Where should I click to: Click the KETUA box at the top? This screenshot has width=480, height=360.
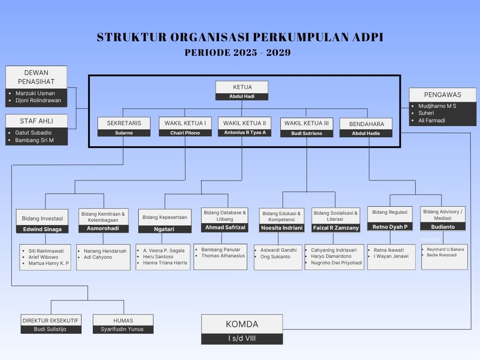(x=242, y=87)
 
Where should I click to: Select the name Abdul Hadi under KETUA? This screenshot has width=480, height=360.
(x=242, y=97)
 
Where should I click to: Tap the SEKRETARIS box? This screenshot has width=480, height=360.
(x=124, y=123)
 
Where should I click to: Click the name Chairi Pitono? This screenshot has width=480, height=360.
(x=185, y=133)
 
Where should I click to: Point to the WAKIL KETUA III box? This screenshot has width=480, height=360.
(x=307, y=123)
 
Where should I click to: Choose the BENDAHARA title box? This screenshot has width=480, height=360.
(x=367, y=124)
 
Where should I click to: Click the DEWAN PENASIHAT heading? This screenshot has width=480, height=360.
(x=36, y=77)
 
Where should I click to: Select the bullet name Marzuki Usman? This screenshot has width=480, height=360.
(x=35, y=93)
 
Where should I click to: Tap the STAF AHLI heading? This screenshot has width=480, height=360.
(x=36, y=121)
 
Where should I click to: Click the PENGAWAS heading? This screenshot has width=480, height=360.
(x=442, y=94)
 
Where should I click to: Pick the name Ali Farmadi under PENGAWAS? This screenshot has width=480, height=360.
(x=432, y=120)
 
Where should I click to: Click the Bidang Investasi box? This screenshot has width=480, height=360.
(x=42, y=218)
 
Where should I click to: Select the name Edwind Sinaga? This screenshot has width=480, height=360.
(x=42, y=229)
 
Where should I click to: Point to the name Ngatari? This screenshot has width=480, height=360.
(x=165, y=229)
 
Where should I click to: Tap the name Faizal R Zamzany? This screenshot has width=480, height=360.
(x=336, y=228)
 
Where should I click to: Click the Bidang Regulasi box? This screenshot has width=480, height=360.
(x=390, y=212)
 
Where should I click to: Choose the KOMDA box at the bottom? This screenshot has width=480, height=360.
(x=242, y=324)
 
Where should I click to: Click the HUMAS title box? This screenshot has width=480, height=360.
(x=123, y=320)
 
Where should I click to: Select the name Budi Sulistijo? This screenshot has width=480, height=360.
(x=51, y=329)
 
